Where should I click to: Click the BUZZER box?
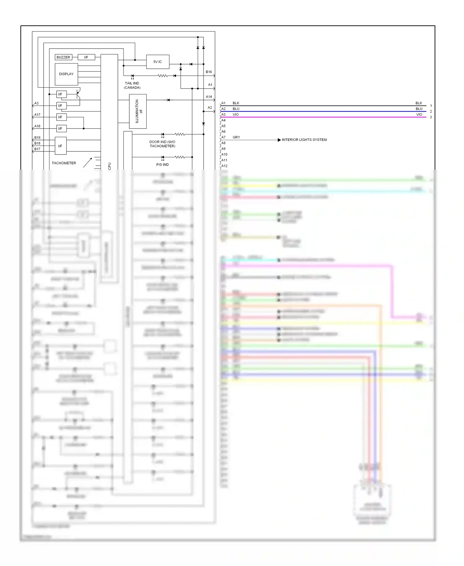click(63, 57)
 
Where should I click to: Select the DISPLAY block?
click(66, 74)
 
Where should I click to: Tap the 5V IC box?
click(158, 62)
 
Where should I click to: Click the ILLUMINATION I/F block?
click(138, 111)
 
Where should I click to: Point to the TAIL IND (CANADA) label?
click(132, 85)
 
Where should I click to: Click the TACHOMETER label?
click(64, 163)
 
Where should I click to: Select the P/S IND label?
click(162, 165)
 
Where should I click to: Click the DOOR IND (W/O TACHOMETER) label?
click(162, 144)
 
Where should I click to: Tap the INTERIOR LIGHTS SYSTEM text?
click(304, 140)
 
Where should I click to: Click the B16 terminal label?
click(209, 72)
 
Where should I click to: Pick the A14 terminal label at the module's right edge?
click(209, 97)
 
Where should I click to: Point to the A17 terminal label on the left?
click(37, 115)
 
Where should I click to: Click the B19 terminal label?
click(37, 138)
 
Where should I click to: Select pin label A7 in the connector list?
click(223, 137)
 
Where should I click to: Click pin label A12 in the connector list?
click(224, 166)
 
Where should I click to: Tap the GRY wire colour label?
click(236, 137)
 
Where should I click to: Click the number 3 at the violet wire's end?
click(431, 117)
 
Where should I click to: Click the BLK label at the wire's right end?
click(419, 103)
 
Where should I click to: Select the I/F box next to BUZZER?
click(86, 57)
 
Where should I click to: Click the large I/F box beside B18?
click(60, 146)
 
